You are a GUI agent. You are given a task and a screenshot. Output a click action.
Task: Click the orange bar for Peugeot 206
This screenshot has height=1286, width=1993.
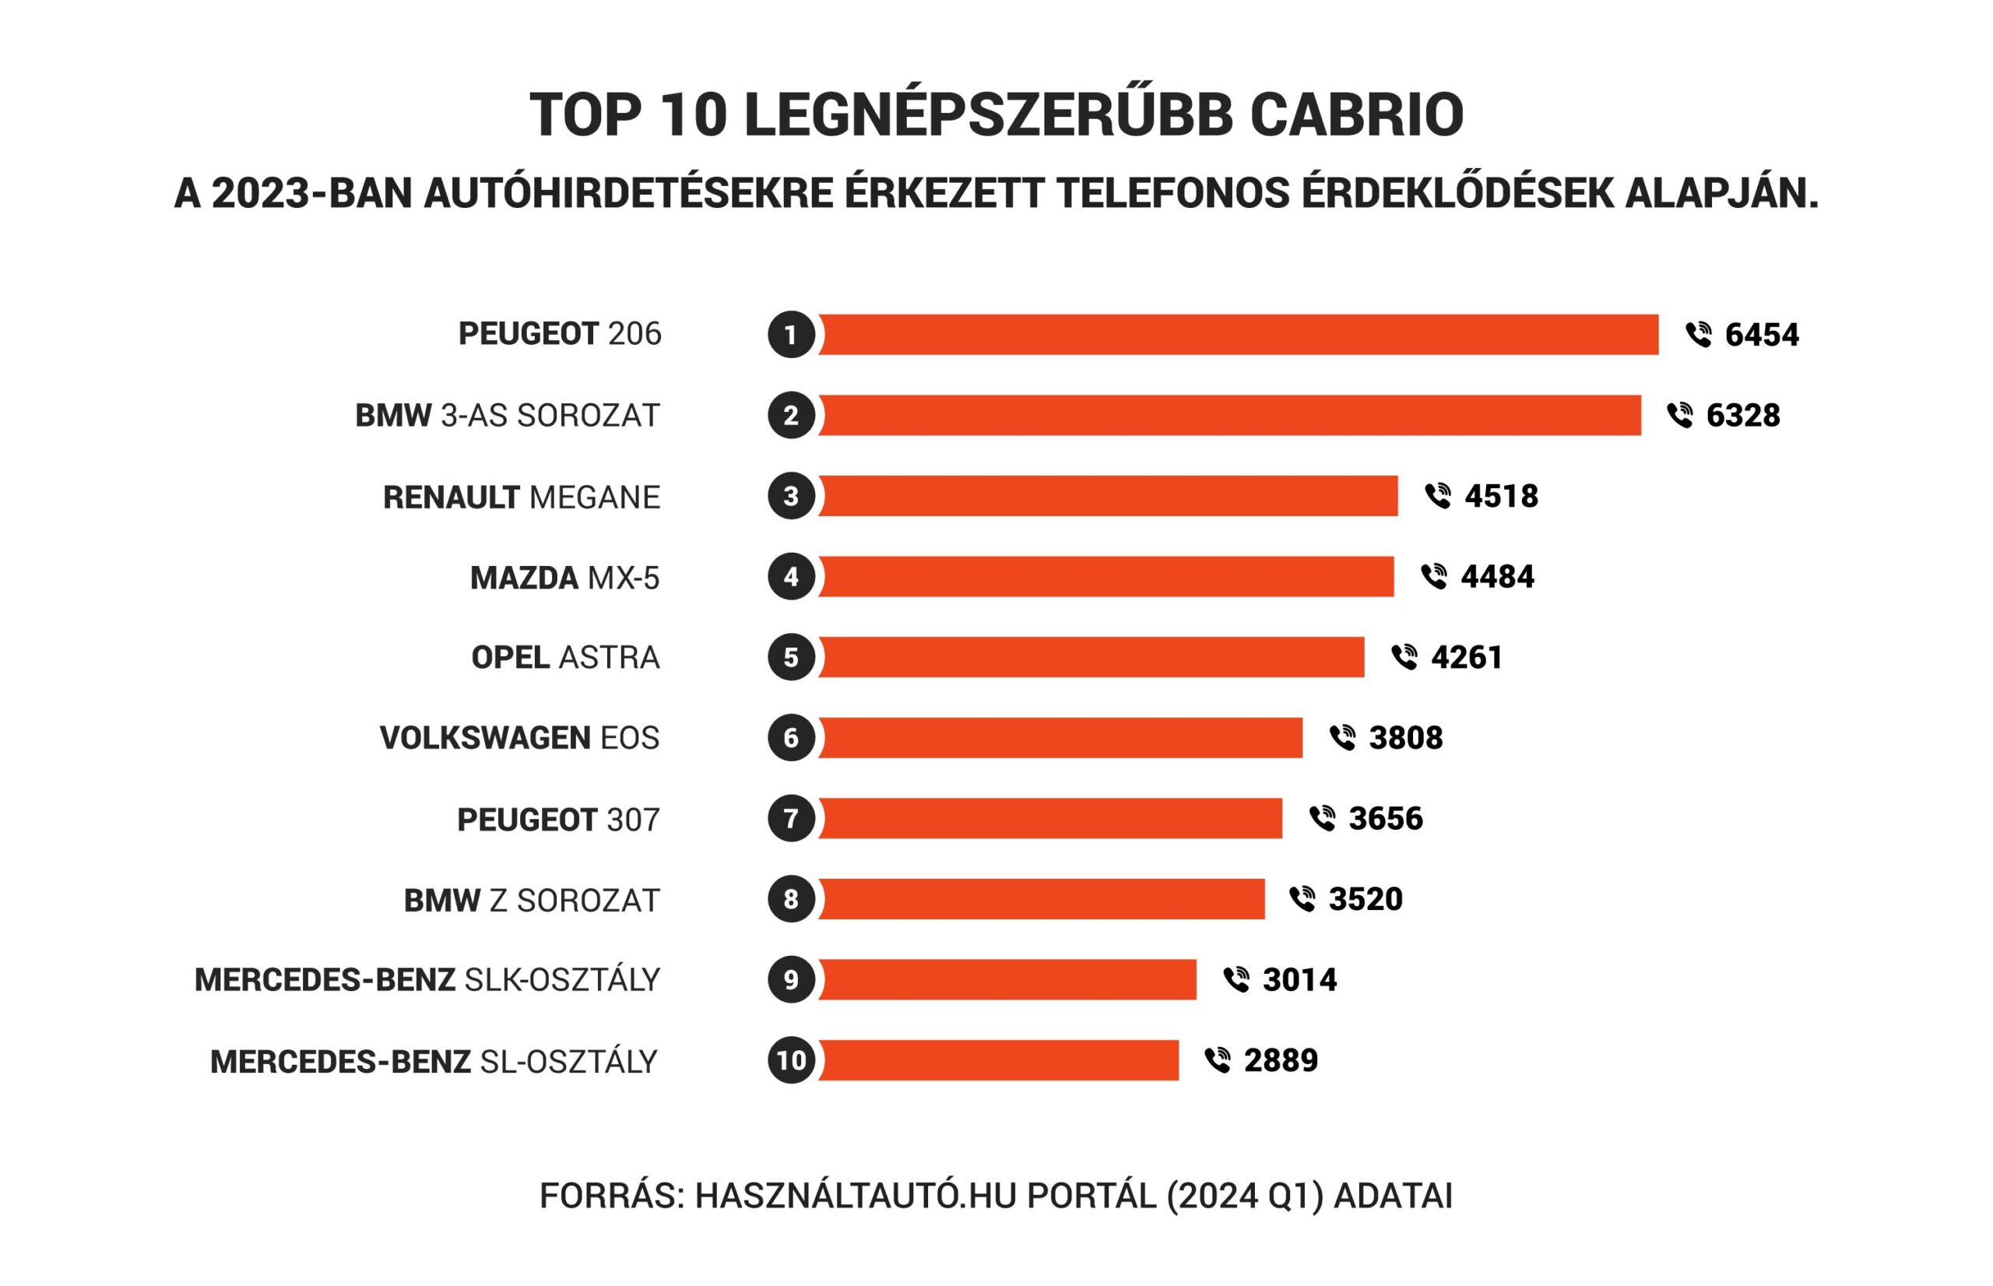click(x=1237, y=334)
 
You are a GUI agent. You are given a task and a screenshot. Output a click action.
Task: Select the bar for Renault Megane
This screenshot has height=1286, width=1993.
click(x=1107, y=496)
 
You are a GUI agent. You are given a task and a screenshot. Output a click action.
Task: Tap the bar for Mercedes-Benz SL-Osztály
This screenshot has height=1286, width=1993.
click(x=998, y=1059)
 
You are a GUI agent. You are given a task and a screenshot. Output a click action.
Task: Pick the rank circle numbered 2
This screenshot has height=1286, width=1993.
click(x=791, y=415)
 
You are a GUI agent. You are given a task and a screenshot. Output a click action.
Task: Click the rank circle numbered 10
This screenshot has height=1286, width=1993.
click(x=791, y=1059)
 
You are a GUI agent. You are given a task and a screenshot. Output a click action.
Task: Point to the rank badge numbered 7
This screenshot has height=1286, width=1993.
click(x=791, y=818)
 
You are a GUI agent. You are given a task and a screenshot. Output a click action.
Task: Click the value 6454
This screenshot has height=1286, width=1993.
click(x=1761, y=335)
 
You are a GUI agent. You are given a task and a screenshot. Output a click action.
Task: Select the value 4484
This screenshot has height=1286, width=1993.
click(x=1496, y=577)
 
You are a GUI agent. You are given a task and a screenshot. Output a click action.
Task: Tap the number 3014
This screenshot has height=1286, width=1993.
click(x=1299, y=979)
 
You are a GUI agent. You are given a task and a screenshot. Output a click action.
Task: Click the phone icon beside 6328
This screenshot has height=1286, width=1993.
click(x=1680, y=415)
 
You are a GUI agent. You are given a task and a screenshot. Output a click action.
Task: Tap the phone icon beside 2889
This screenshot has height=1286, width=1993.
click(x=1218, y=1059)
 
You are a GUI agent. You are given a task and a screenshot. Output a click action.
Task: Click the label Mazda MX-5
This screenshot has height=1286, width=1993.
click(x=564, y=578)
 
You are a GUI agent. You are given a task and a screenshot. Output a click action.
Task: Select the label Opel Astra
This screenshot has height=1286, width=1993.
click(x=565, y=658)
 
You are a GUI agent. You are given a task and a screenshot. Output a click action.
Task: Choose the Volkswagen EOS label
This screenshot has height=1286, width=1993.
click(x=519, y=738)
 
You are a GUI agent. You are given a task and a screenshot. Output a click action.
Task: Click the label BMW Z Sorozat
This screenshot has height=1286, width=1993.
click(x=532, y=900)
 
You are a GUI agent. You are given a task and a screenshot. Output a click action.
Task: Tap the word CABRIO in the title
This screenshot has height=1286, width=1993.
click(x=1356, y=114)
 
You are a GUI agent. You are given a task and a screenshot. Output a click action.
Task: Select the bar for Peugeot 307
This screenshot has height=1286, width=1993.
click(x=1049, y=818)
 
